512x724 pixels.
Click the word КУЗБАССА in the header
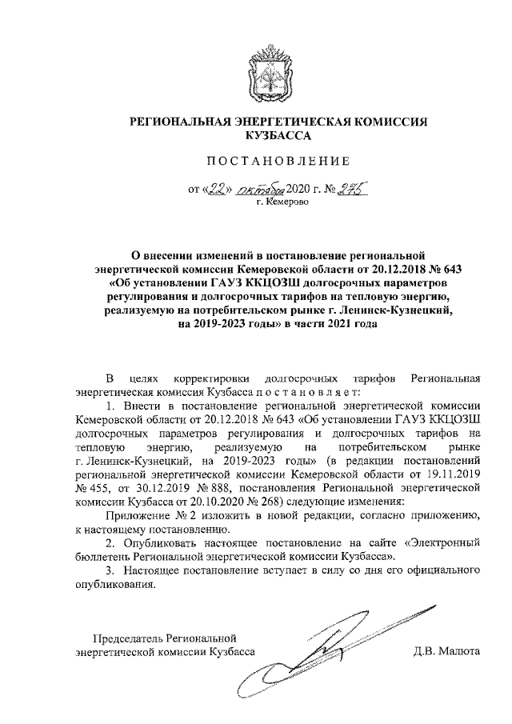(x=279, y=136)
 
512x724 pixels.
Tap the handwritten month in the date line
(x=254, y=190)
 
